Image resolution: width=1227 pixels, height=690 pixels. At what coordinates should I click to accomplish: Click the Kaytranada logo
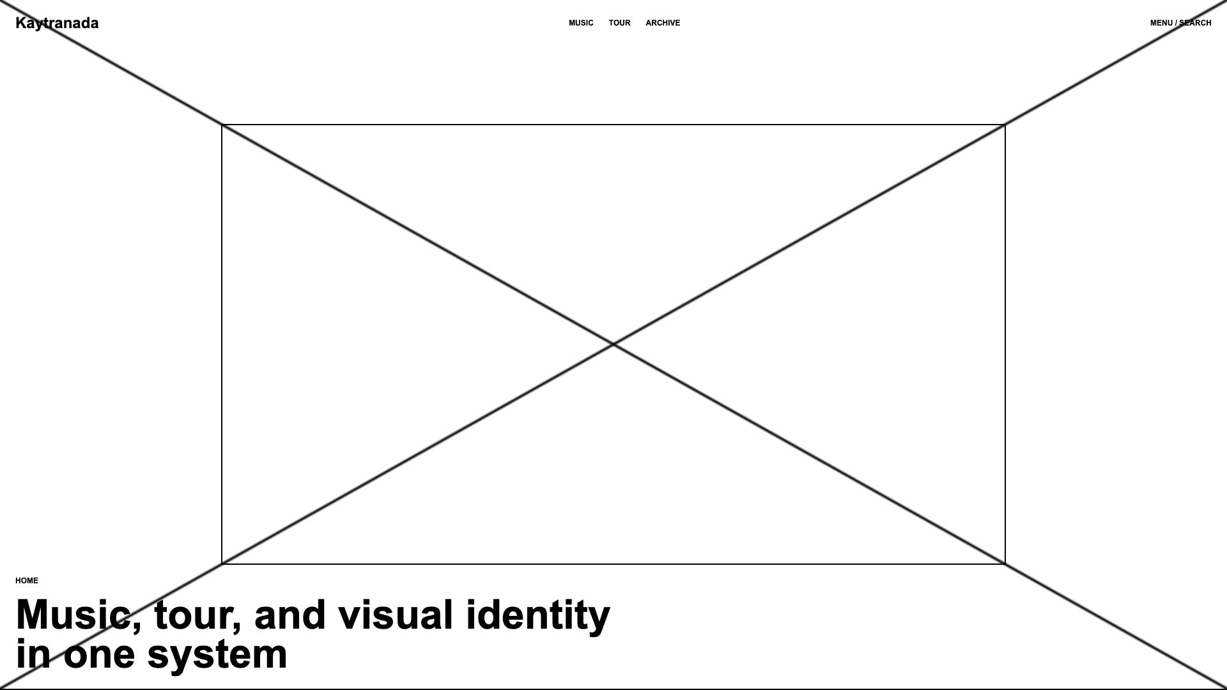[x=57, y=24]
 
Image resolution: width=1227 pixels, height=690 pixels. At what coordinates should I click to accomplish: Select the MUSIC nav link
[x=581, y=23]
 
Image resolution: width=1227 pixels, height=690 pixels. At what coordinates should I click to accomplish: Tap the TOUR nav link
[x=619, y=23]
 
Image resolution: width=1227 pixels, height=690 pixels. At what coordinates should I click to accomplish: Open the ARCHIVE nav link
[x=663, y=23]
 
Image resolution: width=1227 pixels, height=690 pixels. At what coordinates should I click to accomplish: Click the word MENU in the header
[x=1161, y=23]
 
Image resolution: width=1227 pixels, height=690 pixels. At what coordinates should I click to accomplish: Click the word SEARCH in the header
[x=1195, y=23]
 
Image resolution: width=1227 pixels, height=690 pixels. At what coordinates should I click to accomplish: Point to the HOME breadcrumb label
[x=27, y=581]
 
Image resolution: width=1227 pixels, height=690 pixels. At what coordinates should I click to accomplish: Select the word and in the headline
[x=290, y=615]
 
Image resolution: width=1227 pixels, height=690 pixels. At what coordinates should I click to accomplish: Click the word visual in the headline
[x=396, y=615]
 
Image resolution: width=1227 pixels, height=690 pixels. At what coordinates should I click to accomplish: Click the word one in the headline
[x=99, y=655]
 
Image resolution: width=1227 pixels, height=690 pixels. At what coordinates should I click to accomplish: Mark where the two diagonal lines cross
[x=613, y=345]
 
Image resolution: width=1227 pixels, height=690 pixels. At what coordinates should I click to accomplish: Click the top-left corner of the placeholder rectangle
[x=222, y=125]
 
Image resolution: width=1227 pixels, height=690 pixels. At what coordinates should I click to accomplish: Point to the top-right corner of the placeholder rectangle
[x=1005, y=125]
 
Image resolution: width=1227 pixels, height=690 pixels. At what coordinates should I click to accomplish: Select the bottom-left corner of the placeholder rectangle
[x=222, y=564]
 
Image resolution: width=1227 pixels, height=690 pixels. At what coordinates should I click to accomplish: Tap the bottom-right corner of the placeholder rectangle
[x=1005, y=564]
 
